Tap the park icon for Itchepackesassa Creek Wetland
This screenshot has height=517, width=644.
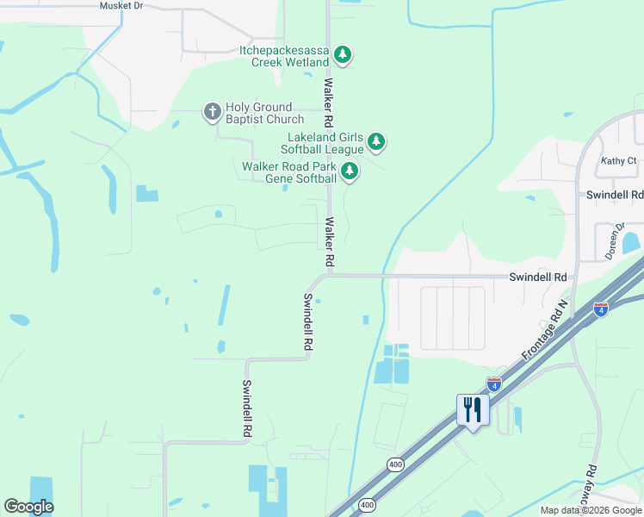click(x=343, y=56)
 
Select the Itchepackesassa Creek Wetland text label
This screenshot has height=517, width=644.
click(x=284, y=57)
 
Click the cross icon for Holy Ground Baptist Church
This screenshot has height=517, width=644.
click(x=212, y=112)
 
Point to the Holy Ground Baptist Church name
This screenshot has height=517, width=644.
click(x=264, y=113)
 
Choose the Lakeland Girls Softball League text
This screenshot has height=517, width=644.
click(x=325, y=143)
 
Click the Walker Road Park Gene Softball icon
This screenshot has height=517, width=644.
click(x=349, y=171)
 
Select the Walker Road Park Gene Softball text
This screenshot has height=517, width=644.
click(x=288, y=172)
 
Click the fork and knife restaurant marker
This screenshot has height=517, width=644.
click(x=473, y=409)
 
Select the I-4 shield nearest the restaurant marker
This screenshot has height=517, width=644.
click(x=494, y=384)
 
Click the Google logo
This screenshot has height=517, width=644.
click(x=28, y=507)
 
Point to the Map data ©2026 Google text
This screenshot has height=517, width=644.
click(x=590, y=510)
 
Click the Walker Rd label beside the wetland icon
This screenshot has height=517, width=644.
click(x=328, y=100)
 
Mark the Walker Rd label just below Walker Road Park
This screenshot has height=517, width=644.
click(x=328, y=240)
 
